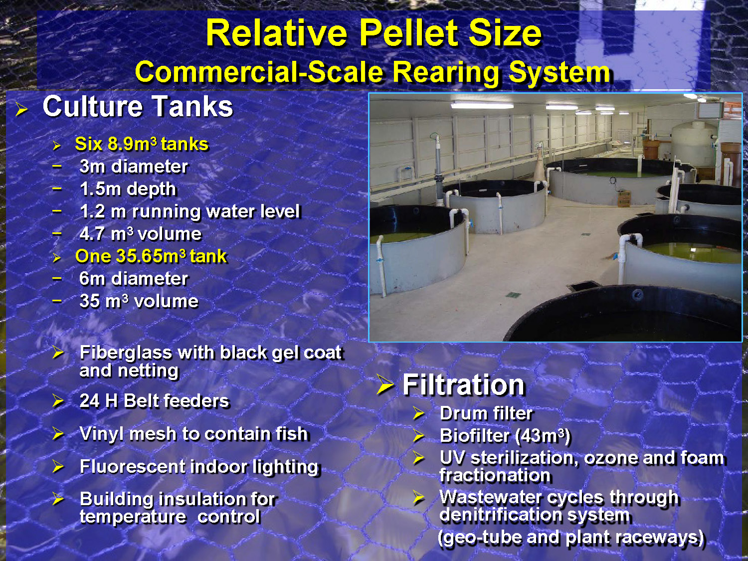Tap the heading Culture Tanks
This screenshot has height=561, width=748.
(x=138, y=107)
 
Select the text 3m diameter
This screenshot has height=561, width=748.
(x=134, y=167)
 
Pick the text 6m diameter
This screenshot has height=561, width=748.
(x=134, y=279)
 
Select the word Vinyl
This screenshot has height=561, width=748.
(x=101, y=434)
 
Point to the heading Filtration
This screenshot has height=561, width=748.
(x=463, y=385)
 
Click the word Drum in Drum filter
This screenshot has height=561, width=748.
(x=461, y=413)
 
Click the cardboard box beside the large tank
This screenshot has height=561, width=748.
(x=624, y=198)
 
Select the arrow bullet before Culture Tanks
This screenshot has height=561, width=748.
(x=21, y=109)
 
